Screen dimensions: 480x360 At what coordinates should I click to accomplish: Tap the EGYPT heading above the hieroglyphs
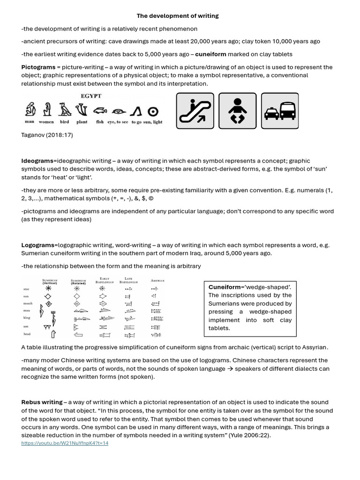click(91, 96)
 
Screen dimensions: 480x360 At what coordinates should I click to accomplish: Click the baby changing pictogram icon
click(238, 111)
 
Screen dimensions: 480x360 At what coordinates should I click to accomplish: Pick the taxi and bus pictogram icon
click(280, 111)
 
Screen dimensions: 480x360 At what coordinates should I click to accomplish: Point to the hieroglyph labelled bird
click(65, 110)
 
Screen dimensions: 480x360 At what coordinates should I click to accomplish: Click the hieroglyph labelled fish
click(99, 111)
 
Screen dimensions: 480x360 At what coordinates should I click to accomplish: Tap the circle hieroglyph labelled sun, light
click(152, 111)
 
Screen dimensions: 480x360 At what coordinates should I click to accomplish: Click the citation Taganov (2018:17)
click(47, 135)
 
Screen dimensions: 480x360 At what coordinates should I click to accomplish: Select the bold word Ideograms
click(37, 161)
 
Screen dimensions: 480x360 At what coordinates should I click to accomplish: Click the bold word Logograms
click(38, 245)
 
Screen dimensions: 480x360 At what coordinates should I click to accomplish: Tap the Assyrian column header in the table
click(157, 280)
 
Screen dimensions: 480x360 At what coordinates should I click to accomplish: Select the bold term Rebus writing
click(42, 402)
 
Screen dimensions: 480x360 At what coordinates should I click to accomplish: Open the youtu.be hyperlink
click(65, 443)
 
